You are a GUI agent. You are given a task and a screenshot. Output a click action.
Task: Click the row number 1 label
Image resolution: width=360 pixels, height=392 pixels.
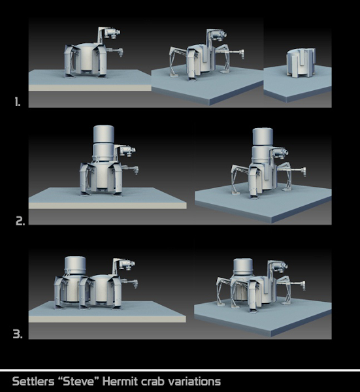click(x=17, y=102)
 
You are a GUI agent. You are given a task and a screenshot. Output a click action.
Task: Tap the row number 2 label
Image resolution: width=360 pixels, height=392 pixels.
click(x=20, y=221)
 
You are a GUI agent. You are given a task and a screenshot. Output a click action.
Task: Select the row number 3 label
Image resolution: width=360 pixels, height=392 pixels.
click(x=18, y=334)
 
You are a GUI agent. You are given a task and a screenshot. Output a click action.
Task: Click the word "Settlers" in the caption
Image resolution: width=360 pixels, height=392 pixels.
click(x=33, y=382)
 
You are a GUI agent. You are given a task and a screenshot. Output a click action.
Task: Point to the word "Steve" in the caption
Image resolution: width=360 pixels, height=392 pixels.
click(x=79, y=382)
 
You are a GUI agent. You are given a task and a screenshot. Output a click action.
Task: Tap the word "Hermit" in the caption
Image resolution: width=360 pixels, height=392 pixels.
click(x=120, y=382)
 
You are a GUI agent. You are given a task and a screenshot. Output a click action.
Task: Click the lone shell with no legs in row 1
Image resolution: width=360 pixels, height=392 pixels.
click(x=301, y=63)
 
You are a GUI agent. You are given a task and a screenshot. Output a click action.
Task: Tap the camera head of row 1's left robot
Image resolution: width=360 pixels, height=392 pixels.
click(x=112, y=33)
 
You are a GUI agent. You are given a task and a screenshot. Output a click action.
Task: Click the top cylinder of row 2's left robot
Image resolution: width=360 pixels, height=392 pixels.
click(x=103, y=134)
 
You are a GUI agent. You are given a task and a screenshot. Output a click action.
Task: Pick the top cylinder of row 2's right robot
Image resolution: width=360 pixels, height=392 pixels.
click(x=263, y=137)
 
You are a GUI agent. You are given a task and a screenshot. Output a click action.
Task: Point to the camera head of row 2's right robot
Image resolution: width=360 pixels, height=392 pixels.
click(x=281, y=153)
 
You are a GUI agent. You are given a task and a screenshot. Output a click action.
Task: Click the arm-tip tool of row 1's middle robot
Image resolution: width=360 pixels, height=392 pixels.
click(x=242, y=54)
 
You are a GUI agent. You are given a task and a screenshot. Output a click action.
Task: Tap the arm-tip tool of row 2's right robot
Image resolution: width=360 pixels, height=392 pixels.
click(x=304, y=172)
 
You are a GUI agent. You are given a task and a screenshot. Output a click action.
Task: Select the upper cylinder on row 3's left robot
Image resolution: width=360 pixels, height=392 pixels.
click(x=75, y=265)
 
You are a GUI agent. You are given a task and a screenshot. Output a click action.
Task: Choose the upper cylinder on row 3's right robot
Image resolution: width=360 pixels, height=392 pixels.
click(x=243, y=267)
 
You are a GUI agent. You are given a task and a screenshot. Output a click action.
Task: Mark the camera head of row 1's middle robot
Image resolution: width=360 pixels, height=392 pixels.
click(x=220, y=35)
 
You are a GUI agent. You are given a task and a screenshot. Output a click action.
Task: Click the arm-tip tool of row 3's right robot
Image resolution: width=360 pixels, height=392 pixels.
click(x=303, y=286)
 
